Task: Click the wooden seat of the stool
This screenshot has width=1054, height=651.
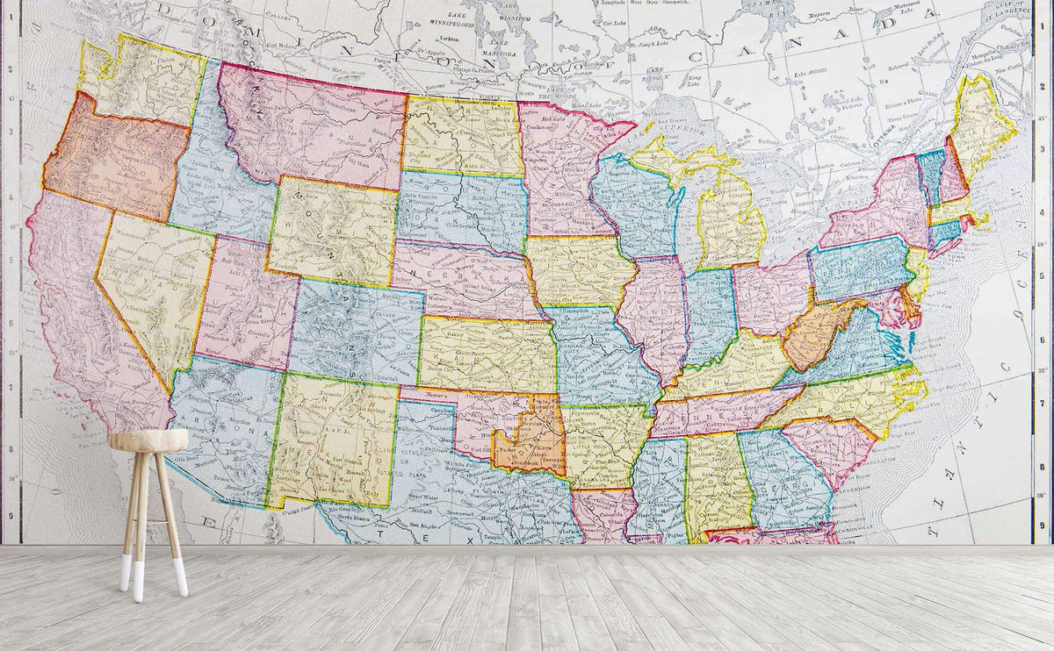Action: point(149,440)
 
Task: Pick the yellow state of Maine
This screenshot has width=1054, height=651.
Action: point(982,123)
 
